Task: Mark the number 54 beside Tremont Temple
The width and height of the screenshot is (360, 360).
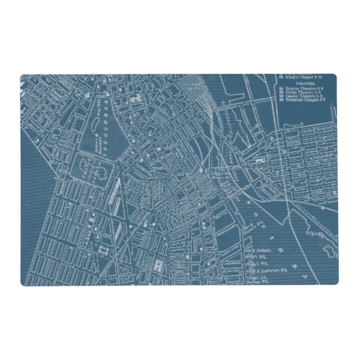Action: (281, 100)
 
